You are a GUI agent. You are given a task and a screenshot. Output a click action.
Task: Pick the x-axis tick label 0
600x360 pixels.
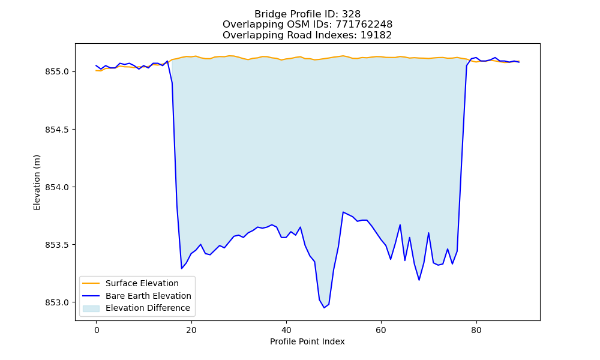click(97, 330)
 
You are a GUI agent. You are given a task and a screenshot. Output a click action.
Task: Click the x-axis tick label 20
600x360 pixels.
click(191, 330)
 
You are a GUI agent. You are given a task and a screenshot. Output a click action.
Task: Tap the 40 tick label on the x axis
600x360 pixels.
click(286, 330)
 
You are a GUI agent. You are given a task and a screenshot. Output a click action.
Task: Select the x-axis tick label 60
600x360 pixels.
click(381, 330)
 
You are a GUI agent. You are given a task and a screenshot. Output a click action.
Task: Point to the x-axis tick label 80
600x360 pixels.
click(476, 330)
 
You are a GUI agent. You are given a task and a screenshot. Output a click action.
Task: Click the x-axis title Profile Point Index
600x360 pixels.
click(307, 341)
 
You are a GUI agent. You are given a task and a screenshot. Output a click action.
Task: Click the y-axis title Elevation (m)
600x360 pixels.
click(37, 182)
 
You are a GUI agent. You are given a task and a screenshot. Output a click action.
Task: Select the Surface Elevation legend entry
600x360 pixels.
click(142, 283)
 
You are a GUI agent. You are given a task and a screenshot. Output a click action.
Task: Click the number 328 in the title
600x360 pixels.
click(351, 14)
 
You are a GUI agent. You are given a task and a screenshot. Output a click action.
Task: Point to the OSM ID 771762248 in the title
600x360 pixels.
click(364, 25)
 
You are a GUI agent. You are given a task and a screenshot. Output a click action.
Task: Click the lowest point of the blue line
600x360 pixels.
click(324, 308)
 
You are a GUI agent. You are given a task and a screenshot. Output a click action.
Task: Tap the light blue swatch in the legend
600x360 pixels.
click(91, 308)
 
